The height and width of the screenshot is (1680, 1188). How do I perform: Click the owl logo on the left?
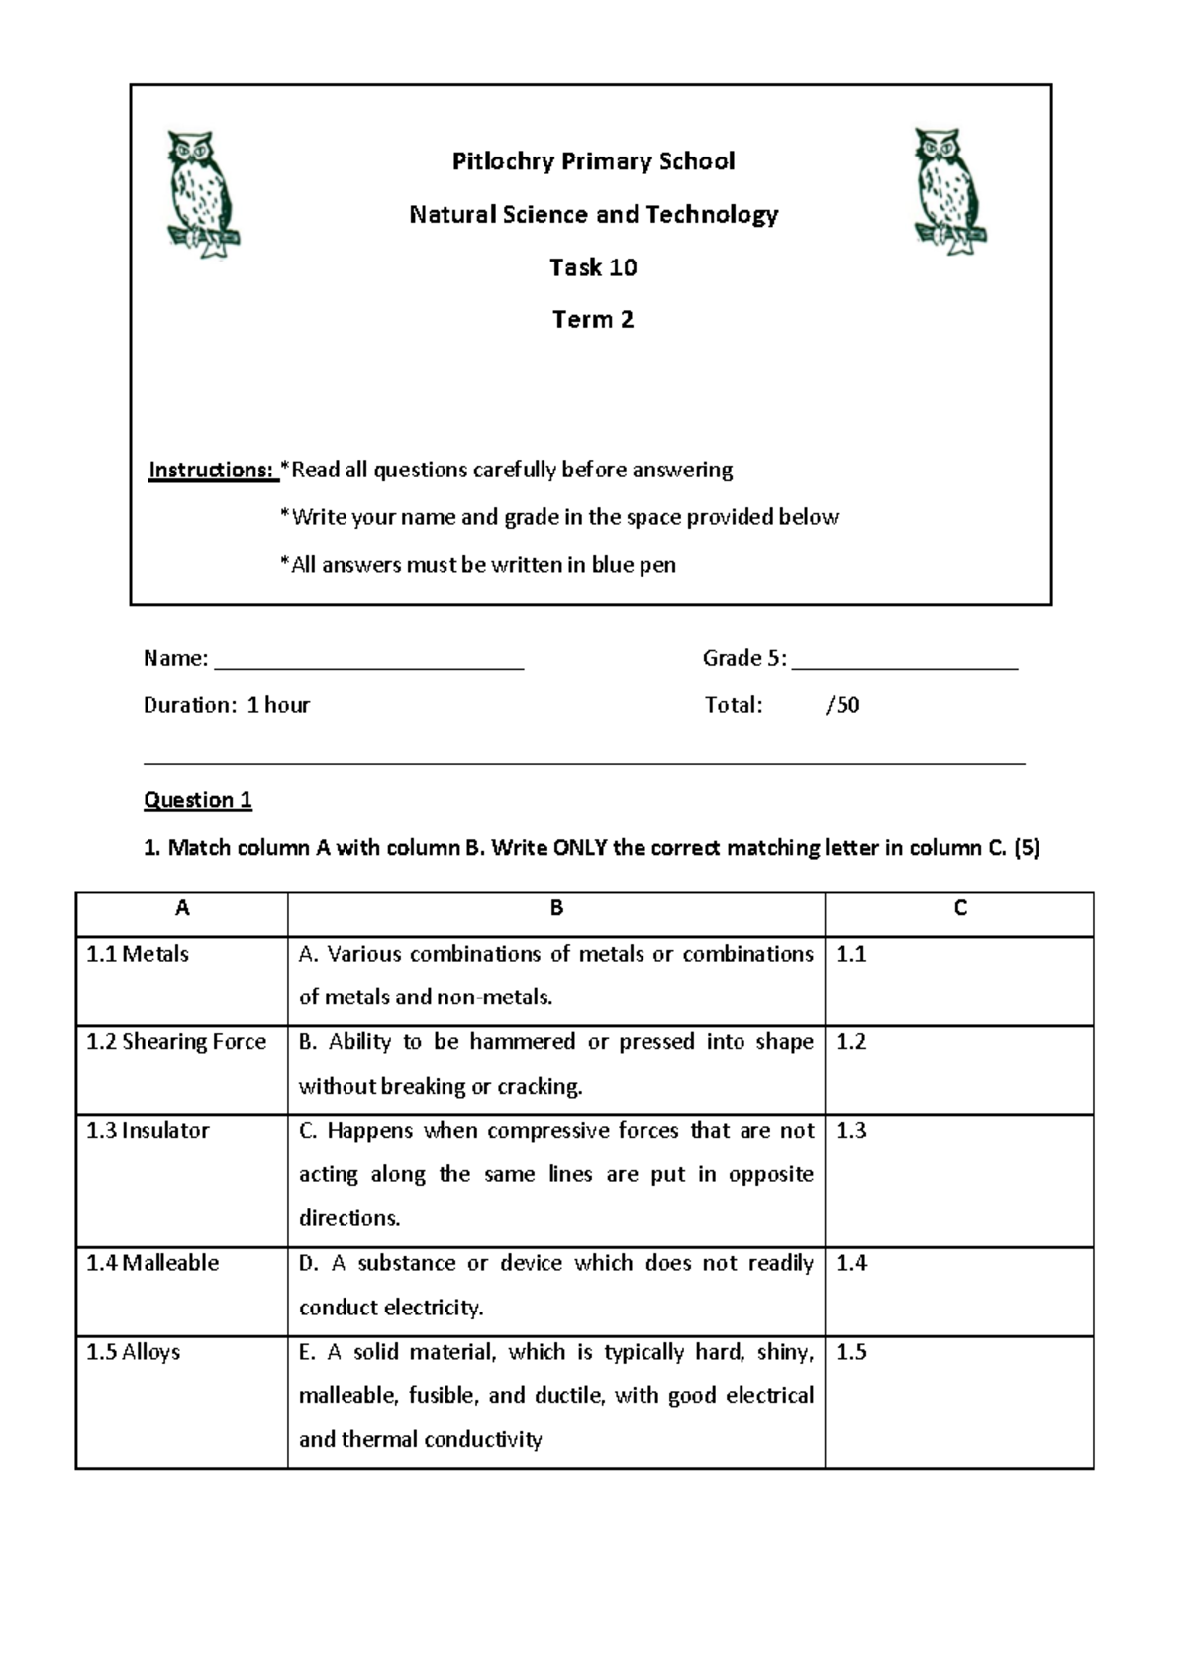(x=203, y=194)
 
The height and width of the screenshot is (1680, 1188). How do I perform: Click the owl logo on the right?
(x=948, y=191)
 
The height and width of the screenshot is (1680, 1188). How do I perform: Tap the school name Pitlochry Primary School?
(x=593, y=161)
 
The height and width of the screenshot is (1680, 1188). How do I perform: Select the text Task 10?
(x=593, y=267)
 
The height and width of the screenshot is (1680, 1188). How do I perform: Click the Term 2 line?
(x=593, y=320)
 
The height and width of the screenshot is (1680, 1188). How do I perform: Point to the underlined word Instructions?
(x=212, y=470)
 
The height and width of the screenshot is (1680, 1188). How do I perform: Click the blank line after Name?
(x=368, y=662)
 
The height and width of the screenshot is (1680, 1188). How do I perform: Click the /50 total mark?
(x=842, y=705)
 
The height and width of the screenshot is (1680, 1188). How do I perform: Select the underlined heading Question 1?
(x=198, y=800)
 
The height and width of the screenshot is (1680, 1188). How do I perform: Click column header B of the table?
(x=556, y=909)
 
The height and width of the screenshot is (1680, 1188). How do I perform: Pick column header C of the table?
(x=959, y=909)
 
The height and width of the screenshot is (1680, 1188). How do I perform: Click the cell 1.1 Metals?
(x=138, y=954)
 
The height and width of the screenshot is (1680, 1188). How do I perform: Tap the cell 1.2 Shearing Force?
(x=176, y=1042)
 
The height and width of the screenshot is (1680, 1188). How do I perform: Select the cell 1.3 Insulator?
(x=148, y=1131)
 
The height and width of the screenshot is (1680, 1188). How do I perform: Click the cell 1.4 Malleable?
(x=152, y=1263)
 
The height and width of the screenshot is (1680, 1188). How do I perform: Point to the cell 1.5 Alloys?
(x=134, y=1352)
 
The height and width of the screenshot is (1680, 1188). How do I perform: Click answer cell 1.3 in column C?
(x=958, y=1179)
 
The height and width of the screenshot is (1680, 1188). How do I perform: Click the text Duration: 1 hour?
(x=227, y=705)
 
